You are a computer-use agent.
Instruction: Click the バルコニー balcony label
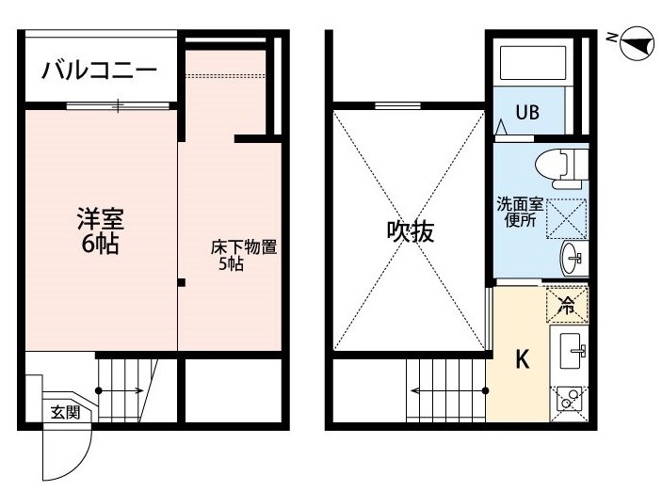tap(99, 70)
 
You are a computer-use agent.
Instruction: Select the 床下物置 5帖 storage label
tap(244, 255)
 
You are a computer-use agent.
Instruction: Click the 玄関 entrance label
tap(65, 412)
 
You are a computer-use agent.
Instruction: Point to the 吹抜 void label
tap(411, 231)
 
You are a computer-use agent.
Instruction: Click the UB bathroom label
tap(527, 112)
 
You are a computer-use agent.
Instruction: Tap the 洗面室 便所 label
tap(520, 213)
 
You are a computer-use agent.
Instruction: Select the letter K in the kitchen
tap(523, 360)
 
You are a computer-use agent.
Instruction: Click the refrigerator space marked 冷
tap(567, 305)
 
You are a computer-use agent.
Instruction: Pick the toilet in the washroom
tap(561, 168)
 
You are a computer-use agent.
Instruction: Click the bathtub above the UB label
tap(533, 63)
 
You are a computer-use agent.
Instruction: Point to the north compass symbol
tap(637, 43)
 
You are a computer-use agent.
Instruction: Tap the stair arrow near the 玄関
tap(121, 390)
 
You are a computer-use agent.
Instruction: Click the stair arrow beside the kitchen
tap(449, 390)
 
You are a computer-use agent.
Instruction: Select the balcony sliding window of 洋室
tap(119, 105)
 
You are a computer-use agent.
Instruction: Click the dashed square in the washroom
tap(567, 218)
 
